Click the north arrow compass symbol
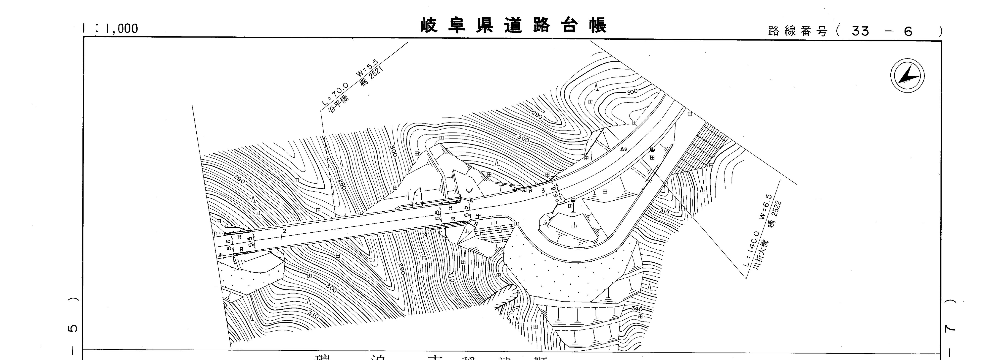908,76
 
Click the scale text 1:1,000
110,28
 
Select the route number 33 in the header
860,31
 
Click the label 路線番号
798,31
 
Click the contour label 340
637,309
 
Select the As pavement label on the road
623,149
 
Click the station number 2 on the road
285,231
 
